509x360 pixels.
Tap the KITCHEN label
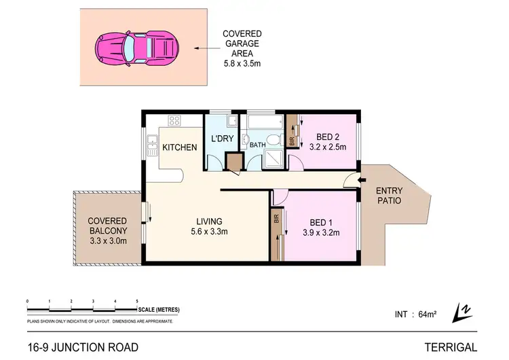(x=180, y=147)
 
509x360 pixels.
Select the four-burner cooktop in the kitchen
(x=174, y=122)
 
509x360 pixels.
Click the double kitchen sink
(x=151, y=145)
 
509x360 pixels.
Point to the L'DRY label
(x=222, y=139)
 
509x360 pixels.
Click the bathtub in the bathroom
(x=263, y=123)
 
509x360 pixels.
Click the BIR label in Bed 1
(x=277, y=219)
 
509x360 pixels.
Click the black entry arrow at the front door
(x=350, y=181)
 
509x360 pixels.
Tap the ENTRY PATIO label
(x=389, y=197)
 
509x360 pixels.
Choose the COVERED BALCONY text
(x=107, y=226)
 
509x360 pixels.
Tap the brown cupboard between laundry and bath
(x=234, y=162)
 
